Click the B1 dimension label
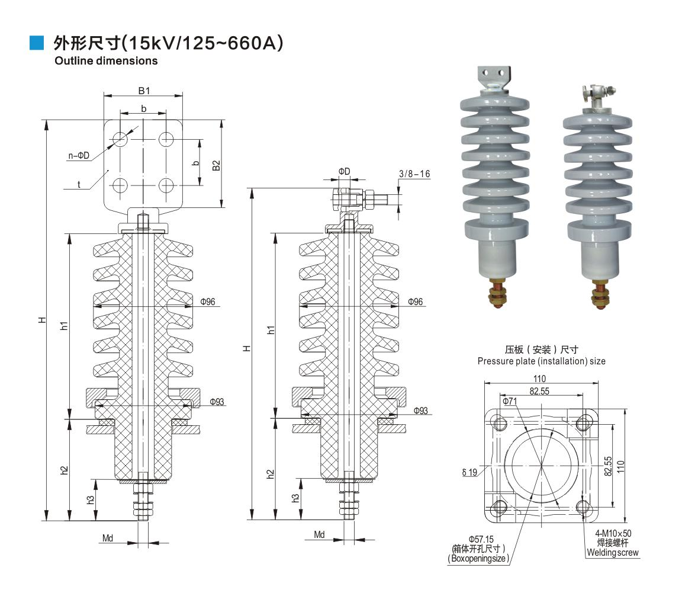144,91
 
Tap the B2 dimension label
216,165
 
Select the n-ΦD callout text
79,156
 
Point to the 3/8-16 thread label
414,174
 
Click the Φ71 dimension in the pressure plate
510,402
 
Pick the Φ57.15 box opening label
481,539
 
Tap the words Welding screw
613,553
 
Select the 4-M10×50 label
613,533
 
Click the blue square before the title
37,43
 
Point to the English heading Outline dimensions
106,60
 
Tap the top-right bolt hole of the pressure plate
584,422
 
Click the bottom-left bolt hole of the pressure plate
499,508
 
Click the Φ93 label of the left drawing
217,402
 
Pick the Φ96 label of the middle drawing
416,302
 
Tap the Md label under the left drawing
108,539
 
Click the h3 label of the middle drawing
295,498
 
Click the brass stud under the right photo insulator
600,296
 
